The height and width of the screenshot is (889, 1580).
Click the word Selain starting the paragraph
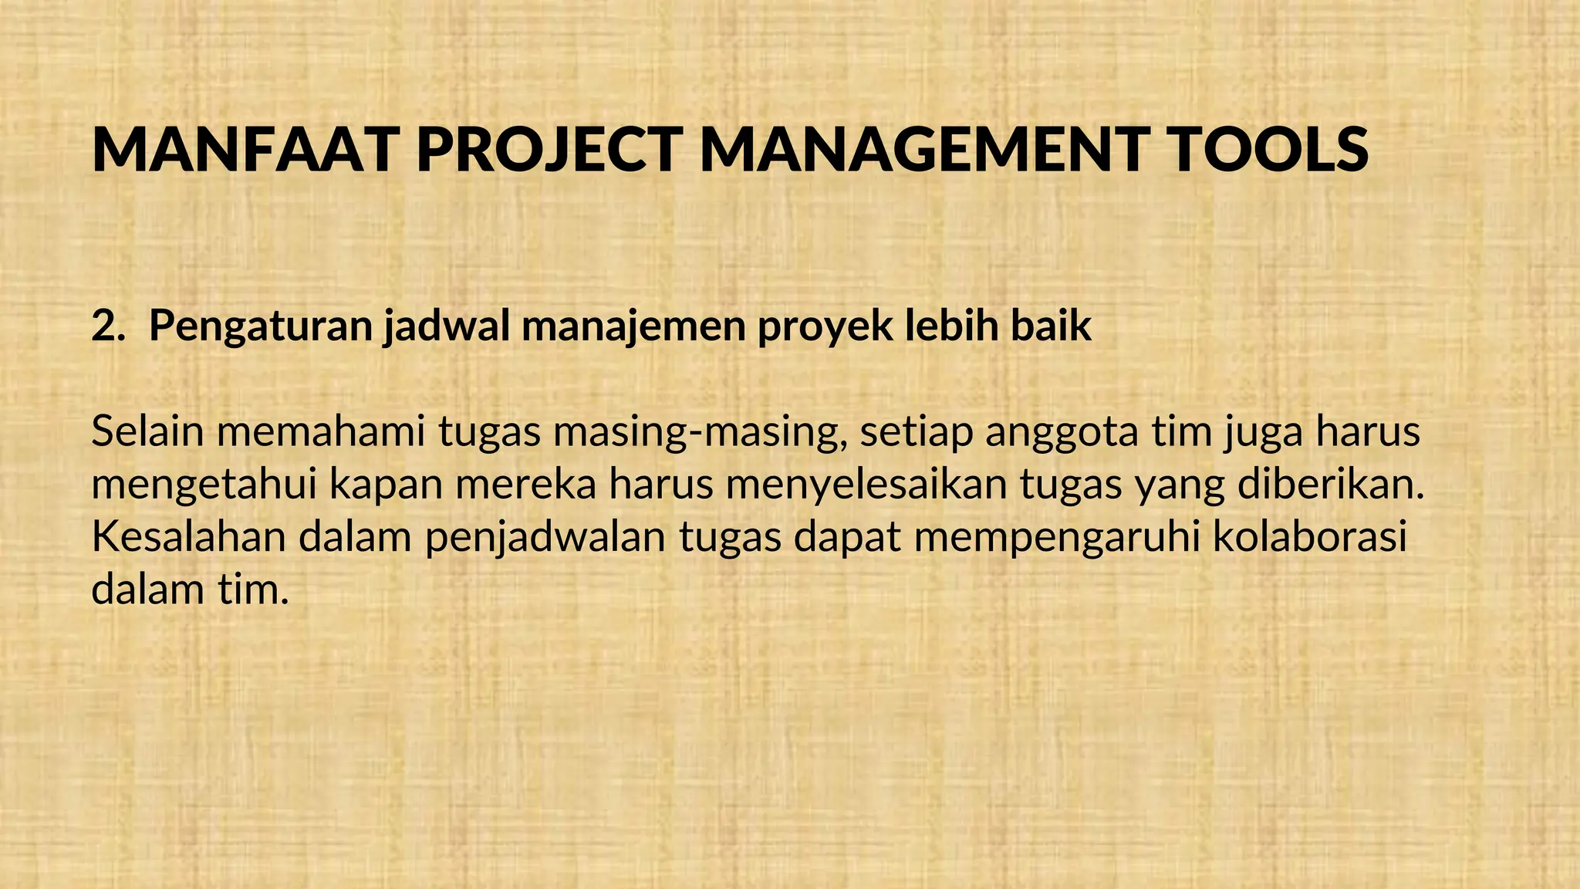[x=147, y=431]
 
